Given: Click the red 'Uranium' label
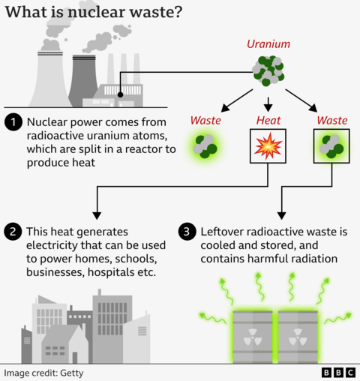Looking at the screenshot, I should pyautogui.click(x=268, y=43).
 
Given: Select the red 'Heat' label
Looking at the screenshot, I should pyautogui.click(x=268, y=120).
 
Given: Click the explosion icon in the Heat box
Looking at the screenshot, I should pyautogui.click(x=268, y=147).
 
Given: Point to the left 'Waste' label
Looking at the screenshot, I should pyautogui.click(x=205, y=120).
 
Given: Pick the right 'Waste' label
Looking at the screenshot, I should pyautogui.click(x=331, y=120).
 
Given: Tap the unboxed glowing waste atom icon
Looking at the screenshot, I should pyautogui.click(x=205, y=146).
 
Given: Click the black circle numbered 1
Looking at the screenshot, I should pyautogui.click(x=13, y=122).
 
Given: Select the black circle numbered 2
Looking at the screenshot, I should pyautogui.click(x=13, y=232).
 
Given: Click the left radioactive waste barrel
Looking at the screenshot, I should pyautogui.click(x=253, y=335).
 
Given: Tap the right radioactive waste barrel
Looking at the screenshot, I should pyautogui.click(x=298, y=335).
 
